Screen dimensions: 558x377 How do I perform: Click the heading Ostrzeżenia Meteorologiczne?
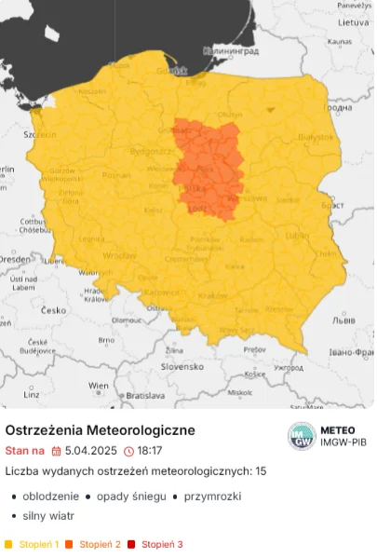100,430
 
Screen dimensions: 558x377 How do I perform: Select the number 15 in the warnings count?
260,471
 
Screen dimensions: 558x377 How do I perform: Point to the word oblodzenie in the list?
50,497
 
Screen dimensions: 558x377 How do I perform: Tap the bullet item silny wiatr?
48,515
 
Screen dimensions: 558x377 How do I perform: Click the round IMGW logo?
301,435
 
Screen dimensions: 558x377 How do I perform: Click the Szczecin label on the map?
41,133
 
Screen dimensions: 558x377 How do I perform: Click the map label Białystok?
315,136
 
